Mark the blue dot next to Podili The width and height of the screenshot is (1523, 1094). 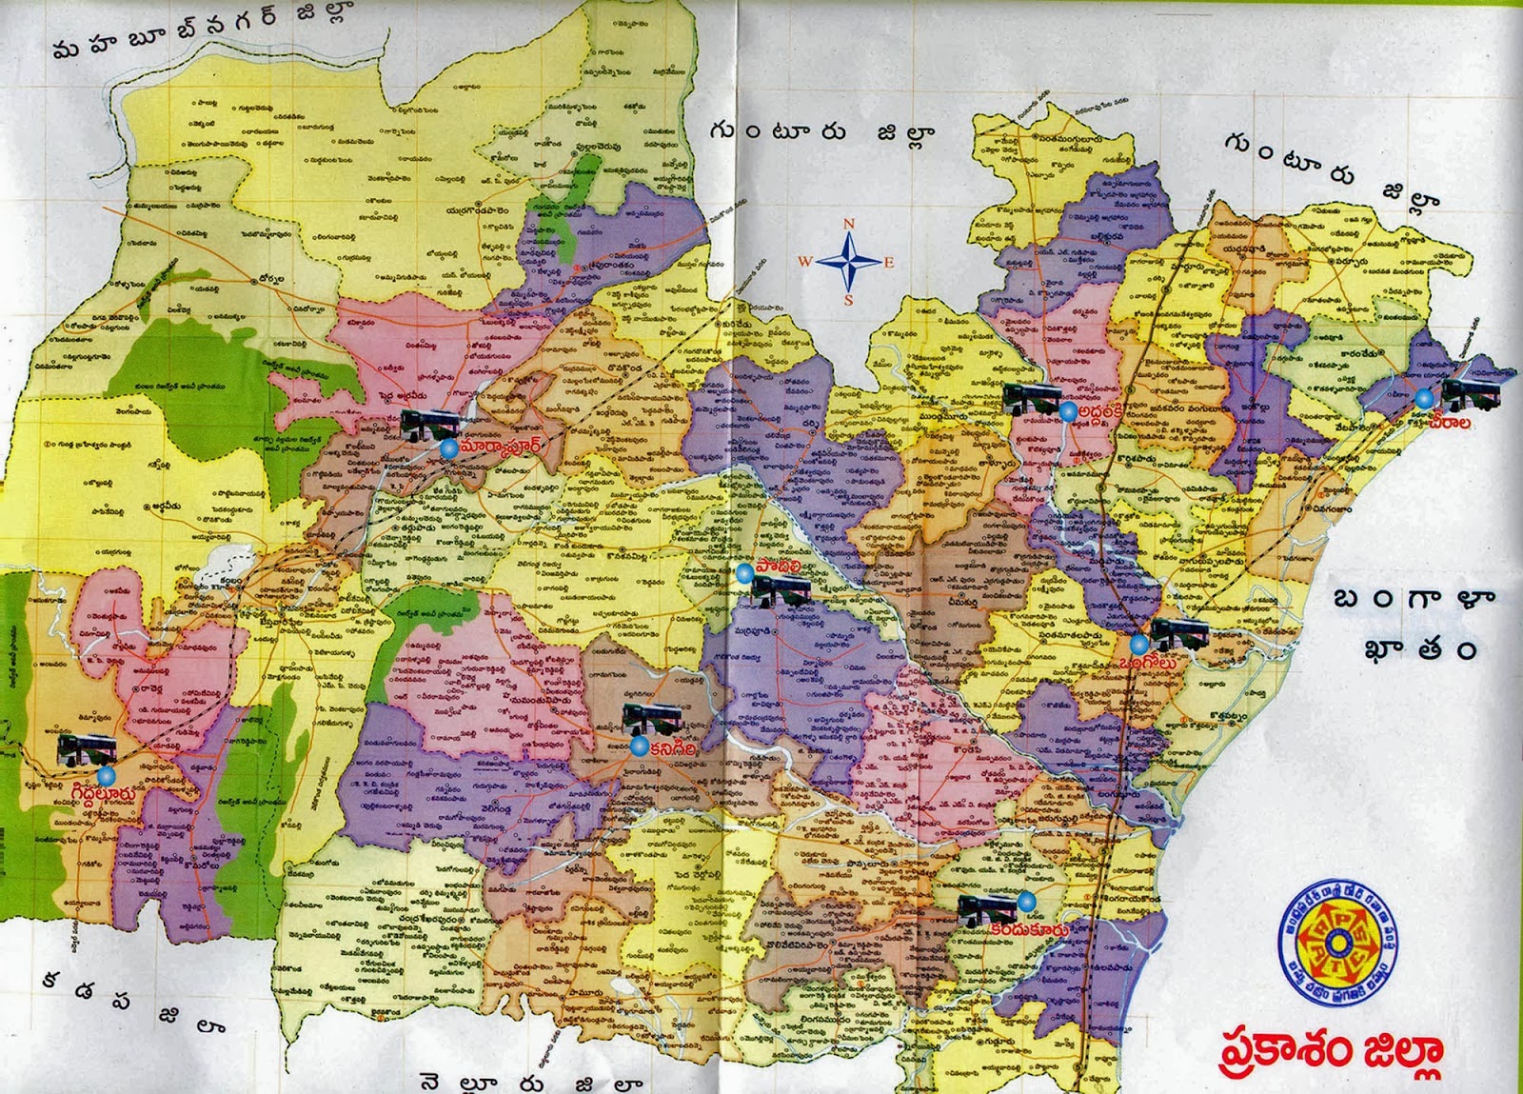pyautogui.click(x=743, y=571)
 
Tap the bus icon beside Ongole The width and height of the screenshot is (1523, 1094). pyautogui.click(x=1179, y=630)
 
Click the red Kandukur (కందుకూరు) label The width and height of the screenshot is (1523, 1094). pyautogui.click(x=1028, y=929)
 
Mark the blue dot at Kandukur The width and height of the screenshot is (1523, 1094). pyautogui.click(x=1025, y=901)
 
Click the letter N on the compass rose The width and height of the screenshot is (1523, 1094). pyautogui.click(x=850, y=224)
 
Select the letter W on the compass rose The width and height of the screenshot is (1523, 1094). pyautogui.click(x=805, y=262)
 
